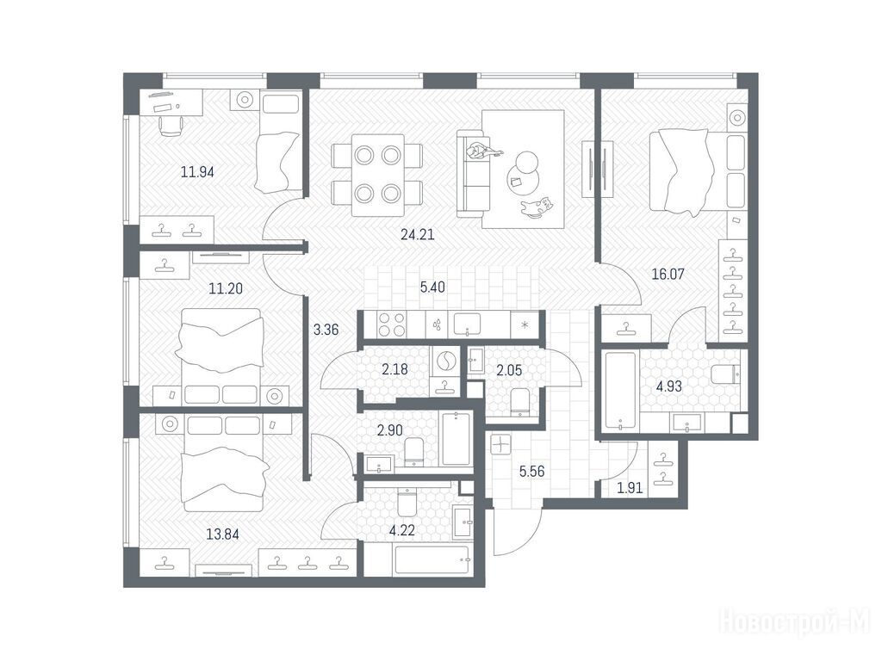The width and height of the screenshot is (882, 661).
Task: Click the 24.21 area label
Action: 418,234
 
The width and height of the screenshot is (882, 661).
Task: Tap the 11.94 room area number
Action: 197,172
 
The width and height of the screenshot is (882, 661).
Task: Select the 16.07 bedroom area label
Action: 668,275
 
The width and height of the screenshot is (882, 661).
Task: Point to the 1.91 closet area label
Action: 630,488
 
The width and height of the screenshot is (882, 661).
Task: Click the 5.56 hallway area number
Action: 531,472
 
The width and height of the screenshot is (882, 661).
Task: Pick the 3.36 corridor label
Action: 326,330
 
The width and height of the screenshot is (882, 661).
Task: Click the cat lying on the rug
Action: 536,207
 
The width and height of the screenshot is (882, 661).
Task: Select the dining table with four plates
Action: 377,175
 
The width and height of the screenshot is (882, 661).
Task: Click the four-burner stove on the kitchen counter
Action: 392,324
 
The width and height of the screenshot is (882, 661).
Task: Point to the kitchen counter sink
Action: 466,324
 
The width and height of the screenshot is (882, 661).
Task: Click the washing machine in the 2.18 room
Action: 444,361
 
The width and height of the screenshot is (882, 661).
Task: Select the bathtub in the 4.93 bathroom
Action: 620,392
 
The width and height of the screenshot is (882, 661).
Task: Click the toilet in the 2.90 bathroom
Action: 413,452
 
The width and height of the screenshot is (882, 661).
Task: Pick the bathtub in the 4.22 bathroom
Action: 432,561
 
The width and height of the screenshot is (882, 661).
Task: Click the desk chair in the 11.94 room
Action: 171,125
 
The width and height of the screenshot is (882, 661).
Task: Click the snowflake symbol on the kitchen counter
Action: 525,324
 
